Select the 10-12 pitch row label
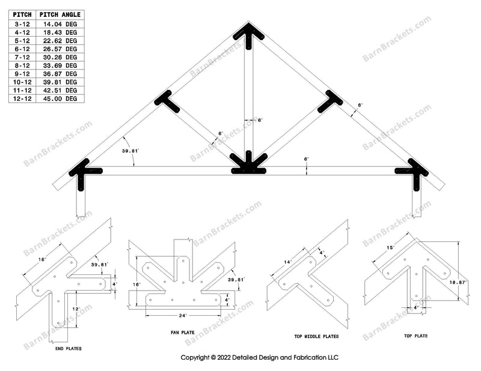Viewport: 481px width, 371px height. (x=22, y=82)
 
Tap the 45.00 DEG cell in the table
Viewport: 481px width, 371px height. (x=62, y=98)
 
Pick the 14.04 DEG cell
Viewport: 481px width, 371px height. (x=62, y=23)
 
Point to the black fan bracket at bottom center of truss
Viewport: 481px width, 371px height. (x=248, y=165)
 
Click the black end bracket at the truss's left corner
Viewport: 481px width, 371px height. (x=82, y=172)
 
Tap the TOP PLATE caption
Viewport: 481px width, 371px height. (x=415, y=336)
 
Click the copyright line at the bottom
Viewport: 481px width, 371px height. (x=260, y=358)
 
